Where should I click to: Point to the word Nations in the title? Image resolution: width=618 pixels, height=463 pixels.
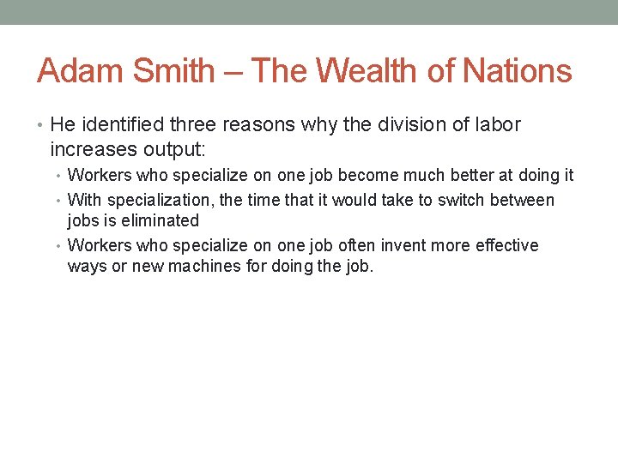[x=518, y=70]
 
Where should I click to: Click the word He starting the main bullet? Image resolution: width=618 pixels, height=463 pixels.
[x=62, y=125]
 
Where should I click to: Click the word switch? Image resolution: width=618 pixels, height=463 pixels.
[x=465, y=201]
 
